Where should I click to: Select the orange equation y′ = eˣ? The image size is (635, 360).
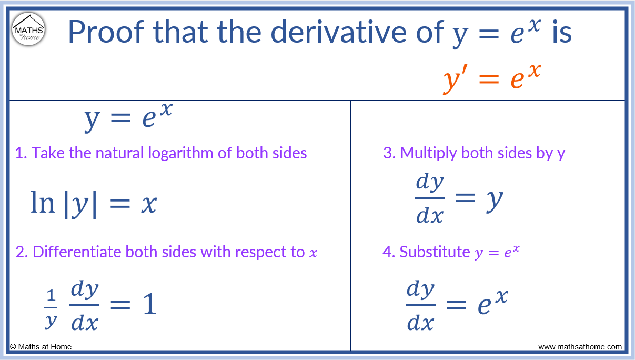[491, 77]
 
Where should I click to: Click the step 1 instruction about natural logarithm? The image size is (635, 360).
[161, 153]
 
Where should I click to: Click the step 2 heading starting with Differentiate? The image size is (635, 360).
[166, 252]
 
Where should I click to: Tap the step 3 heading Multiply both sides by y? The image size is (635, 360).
[474, 153]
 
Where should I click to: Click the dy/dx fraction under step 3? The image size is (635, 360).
[430, 198]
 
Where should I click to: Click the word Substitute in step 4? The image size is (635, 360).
[434, 252]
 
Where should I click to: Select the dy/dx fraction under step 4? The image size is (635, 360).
[420, 306]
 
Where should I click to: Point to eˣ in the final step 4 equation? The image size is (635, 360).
[492, 303]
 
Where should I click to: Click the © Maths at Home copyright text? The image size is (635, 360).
[41, 346]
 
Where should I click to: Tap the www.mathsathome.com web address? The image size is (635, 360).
[580, 347]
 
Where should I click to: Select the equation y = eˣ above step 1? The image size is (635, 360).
[128, 118]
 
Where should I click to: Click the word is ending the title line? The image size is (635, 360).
[561, 33]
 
